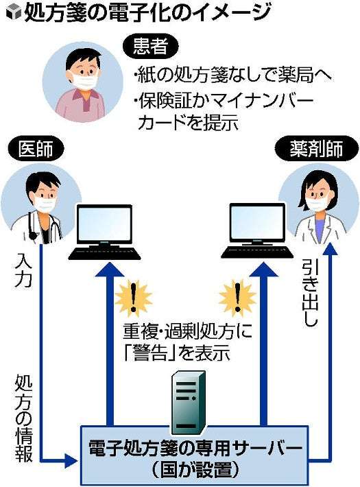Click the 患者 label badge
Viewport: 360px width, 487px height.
pyautogui.click(x=150, y=47)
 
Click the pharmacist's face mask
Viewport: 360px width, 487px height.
pyautogui.click(x=317, y=202)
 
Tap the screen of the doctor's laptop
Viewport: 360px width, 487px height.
pyautogui.click(x=104, y=224)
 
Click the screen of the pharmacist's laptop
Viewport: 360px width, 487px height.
pyautogui.click(x=257, y=222)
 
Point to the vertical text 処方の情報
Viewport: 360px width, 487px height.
pyautogui.click(x=23, y=419)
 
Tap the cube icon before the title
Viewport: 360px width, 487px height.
pyautogui.click(x=14, y=13)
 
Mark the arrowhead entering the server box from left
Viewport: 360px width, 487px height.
pyautogui.click(x=71, y=459)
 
